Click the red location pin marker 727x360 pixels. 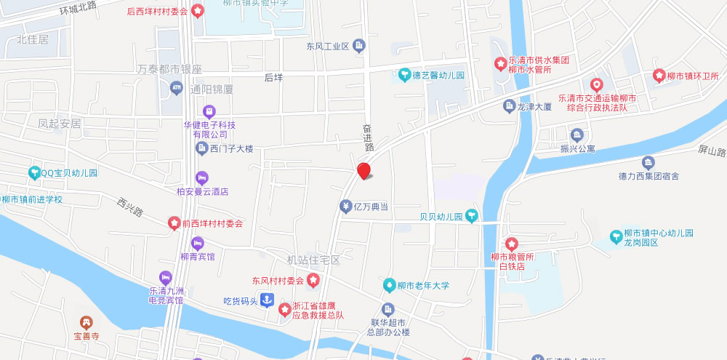pos(364,172)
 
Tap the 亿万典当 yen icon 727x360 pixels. pos(346,207)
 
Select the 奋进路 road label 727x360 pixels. pos(368,137)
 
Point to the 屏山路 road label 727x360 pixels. pos(712,151)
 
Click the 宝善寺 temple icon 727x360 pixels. pos(86,322)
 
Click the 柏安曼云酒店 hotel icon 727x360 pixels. pos(201,177)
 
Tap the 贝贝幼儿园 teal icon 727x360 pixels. pos(472,215)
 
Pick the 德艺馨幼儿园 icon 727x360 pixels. pos(403,74)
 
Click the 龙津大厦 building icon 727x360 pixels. pos(509,106)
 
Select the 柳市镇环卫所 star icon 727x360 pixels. pos(659,75)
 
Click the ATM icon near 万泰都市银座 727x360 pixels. pos(175,88)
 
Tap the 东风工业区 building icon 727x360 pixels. pos(359,47)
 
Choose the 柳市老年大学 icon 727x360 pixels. pos(389,285)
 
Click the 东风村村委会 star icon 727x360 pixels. pos(313,280)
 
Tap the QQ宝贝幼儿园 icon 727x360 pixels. pos(33,173)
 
